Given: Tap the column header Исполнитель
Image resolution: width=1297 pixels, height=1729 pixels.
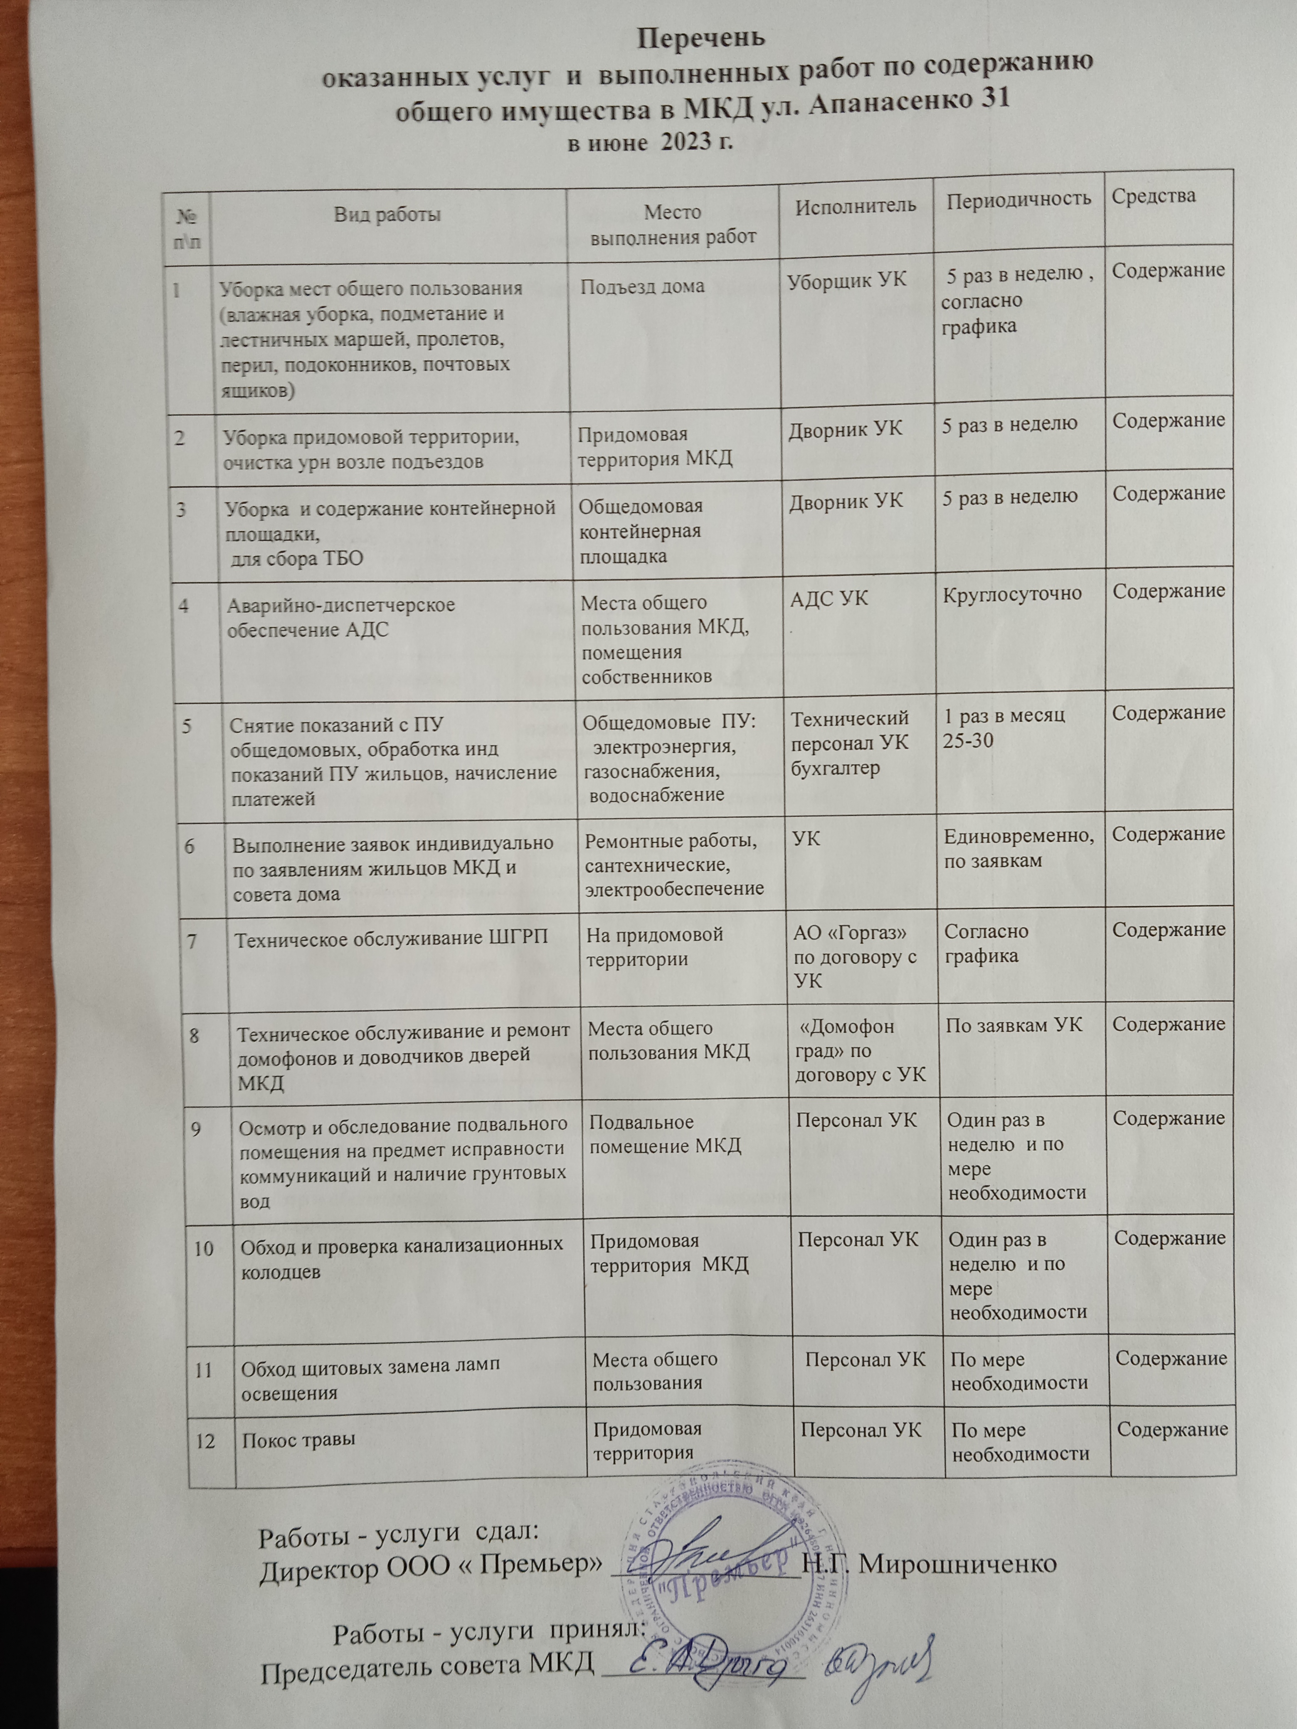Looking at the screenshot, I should tap(855, 206).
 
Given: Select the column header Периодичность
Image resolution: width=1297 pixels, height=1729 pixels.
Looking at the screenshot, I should tap(1018, 199).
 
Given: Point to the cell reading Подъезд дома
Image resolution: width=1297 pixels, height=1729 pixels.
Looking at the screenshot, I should tap(643, 286).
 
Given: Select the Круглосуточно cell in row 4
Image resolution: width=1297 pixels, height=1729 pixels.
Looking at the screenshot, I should tap(1012, 593).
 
